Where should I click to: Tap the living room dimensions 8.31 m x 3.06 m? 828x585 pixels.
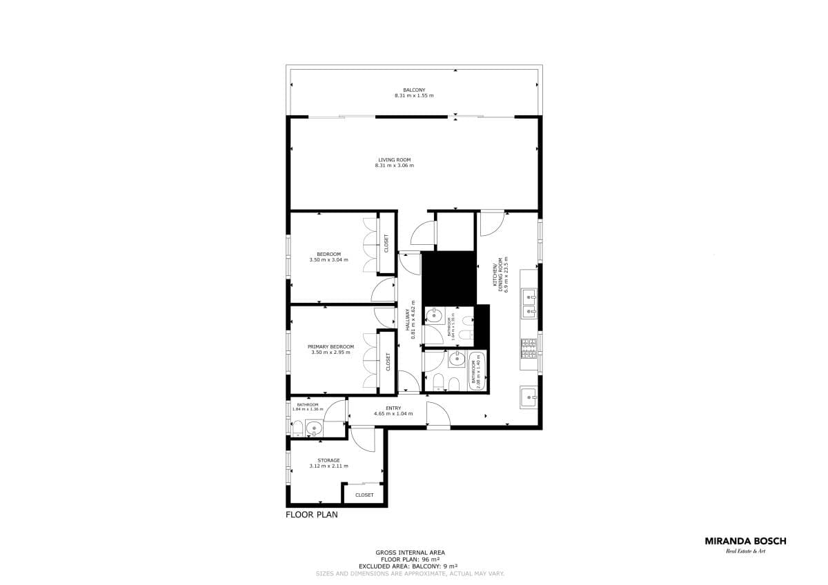coord(394,166)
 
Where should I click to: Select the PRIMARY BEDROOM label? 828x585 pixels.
coord(331,346)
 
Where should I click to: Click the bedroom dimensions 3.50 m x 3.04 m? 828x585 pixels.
coord(328,260)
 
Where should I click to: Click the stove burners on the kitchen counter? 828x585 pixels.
coord(529,348)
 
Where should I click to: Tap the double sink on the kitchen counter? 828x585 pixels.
coord(529,304)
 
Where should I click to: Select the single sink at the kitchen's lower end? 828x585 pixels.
coord(529,396)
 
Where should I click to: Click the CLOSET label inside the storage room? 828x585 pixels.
coord(364,495)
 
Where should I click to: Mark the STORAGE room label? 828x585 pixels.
coord(328,460)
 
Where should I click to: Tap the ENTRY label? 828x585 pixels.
coord(393,408)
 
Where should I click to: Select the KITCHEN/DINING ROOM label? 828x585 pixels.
coord(498,275)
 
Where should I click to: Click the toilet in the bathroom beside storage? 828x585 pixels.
coord(297,430)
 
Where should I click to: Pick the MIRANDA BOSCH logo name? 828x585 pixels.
coord(745,542)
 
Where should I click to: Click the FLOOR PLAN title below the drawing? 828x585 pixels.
coord(312,514)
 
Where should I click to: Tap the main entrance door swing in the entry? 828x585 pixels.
coord(437,414)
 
